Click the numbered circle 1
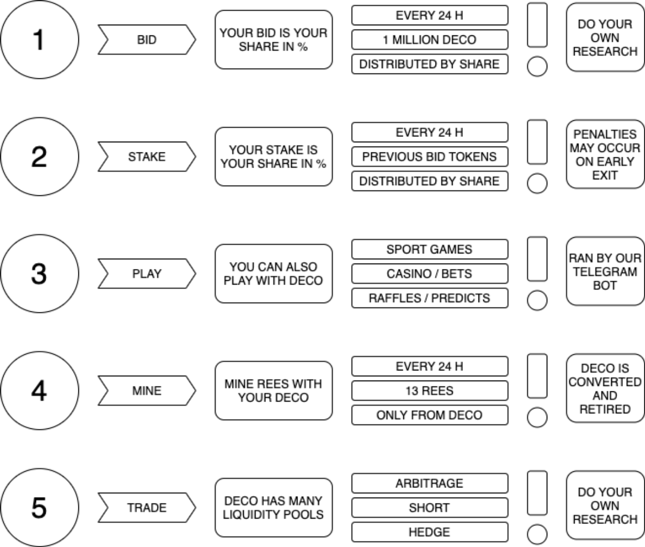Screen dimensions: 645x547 (x=40, y=40)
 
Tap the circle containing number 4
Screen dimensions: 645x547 (x=40, y=390)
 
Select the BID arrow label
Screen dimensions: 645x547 (x=147, y=40)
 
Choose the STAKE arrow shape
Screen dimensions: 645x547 (x=147, y=157)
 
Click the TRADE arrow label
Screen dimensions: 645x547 (x=147, y=507)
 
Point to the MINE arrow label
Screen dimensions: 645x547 (x=147, y=390)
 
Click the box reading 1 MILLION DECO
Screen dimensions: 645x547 (x=430, y=40)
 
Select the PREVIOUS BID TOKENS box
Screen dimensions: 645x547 (x=430, y=157)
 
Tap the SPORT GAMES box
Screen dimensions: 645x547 (x=430, y=249)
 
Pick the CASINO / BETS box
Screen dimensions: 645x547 (x=430, y=274)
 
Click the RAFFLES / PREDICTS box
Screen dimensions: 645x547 (x=430, y=298)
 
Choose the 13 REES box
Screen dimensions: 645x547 (x=430, y=390)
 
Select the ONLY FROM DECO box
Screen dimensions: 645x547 (x=430, y=415)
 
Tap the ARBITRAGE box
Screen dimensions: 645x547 (x=430, y=483)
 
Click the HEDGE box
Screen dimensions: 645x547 (x=430, y=532)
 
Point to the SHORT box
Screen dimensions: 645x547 (x=430, y=507)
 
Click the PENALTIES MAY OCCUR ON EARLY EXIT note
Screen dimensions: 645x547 (x=605, y=154)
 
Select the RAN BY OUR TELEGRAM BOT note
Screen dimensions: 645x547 (x=605, y=271)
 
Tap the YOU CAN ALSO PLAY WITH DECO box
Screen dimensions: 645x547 (x=274, y=274)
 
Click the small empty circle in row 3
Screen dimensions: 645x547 (x=537, y=300)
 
